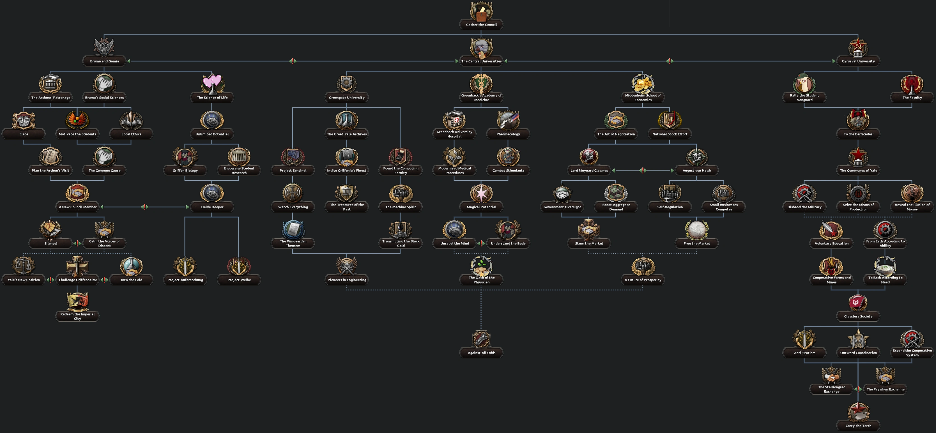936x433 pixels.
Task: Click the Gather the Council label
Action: click(x=481, y=25)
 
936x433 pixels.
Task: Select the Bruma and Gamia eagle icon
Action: click(x=104, y=47)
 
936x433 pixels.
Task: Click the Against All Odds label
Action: click(x=481, y=353)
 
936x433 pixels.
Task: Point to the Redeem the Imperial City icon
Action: click(x=77, y=301)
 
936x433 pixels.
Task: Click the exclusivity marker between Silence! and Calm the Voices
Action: click(x=77, y=243)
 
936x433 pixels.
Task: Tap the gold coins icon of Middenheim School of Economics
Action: click(x=643, y=84)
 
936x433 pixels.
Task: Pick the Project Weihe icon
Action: click(x=239, y=266)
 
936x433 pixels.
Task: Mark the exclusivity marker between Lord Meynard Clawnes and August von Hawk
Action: click(x=643, y=170)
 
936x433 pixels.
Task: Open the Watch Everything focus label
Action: click(x=293, y=207)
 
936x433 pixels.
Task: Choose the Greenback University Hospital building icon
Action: click(x=454, y=119)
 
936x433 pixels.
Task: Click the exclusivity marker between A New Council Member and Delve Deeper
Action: click(x=145, y=207)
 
